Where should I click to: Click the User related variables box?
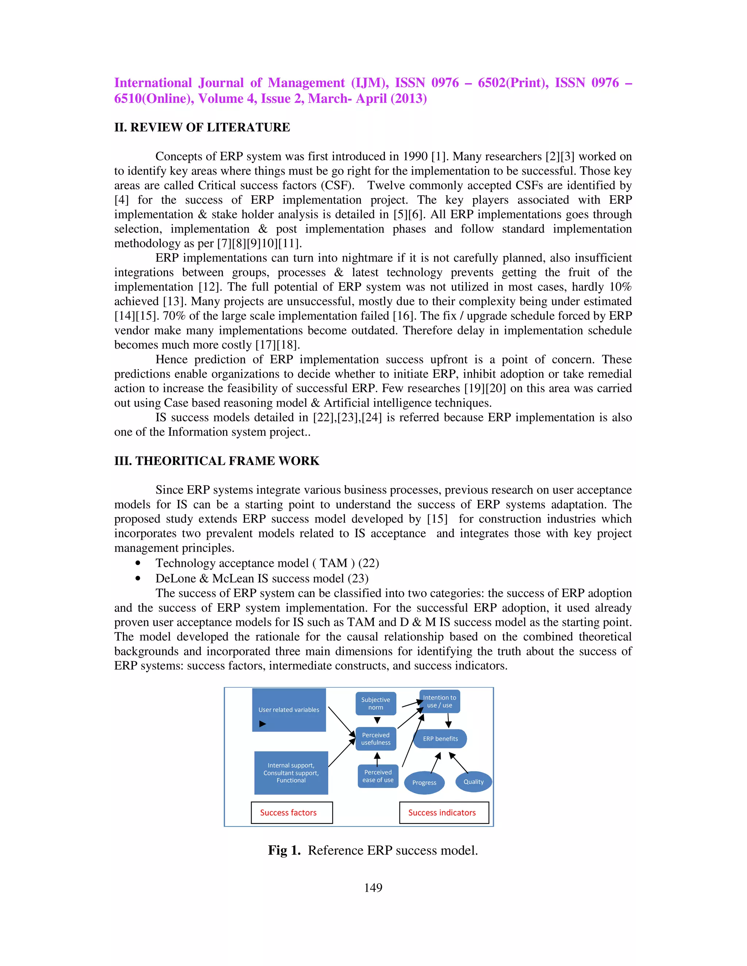(x=289, y=709)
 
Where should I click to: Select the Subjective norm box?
(x=375, y=703)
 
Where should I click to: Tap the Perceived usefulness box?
(x=375, y=739)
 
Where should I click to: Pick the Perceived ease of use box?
(x=378, y=776)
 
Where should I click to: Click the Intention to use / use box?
(x=439, y=701)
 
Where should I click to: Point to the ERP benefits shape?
(x=440, y=739)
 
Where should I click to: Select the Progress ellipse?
(x=424, y=782)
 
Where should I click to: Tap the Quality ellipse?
(x=473, y=782)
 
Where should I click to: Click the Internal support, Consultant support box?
(x=291, y=773)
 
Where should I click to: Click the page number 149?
(x=373, y=887)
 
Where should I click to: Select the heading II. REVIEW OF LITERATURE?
(x=202, y=127)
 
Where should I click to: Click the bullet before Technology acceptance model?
(x=139, y=564)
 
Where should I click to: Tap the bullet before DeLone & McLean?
(x=139, y=579)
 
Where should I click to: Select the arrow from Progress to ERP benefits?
(x=436, y=763)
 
